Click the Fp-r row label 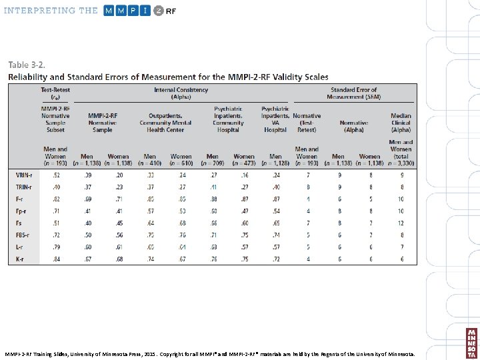click(x=21, y=211)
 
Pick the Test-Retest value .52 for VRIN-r click(x=56, y=175)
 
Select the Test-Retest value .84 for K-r click(x=56, y=259)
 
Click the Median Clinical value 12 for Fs click(x=401, y=223)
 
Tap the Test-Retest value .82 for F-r click(x=56, y=199)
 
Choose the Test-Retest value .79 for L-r click(x=56, y=247)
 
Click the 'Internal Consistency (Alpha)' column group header click(x=181, y=93)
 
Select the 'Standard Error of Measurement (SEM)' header click(x=353, y=93)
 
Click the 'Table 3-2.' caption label click(x=27, y=65)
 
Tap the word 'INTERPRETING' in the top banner click(x=41, y=11)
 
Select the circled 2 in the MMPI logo click(x=158, y=11)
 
